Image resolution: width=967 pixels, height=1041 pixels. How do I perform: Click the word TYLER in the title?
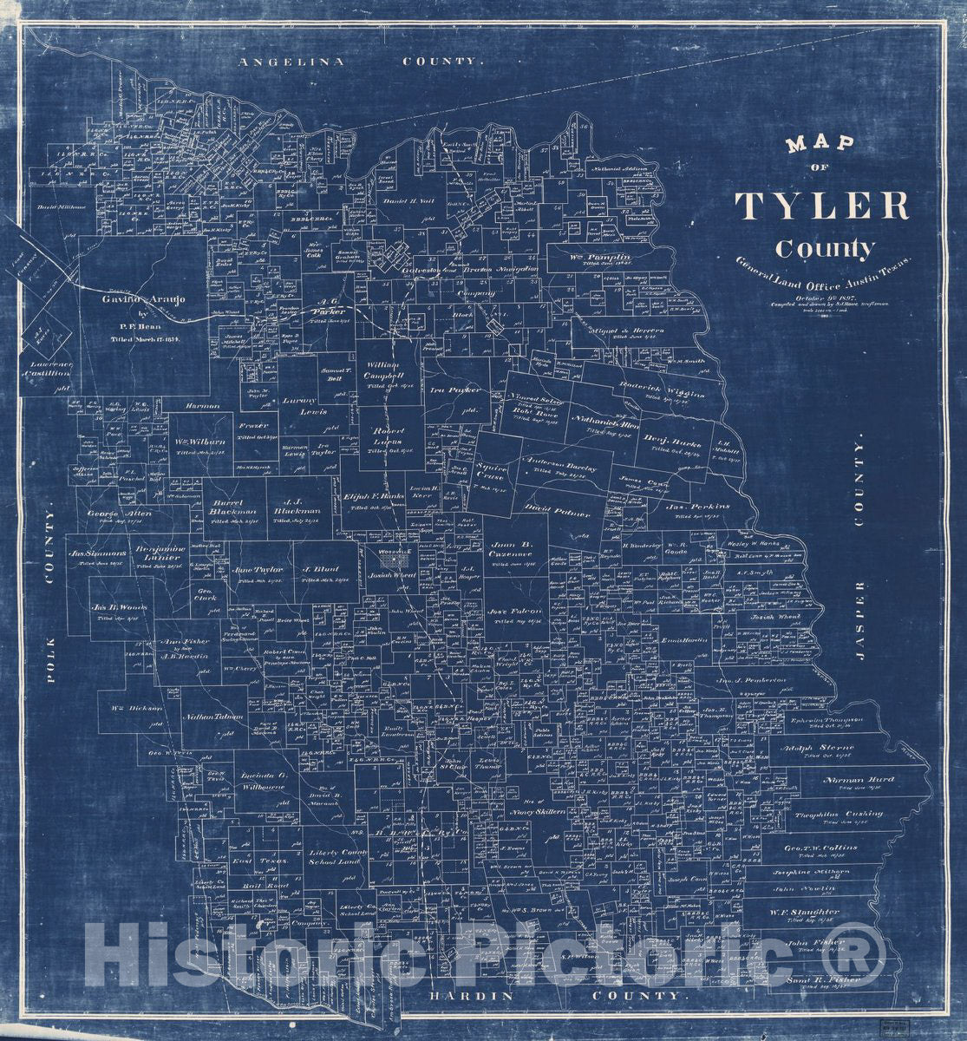pos(821,206)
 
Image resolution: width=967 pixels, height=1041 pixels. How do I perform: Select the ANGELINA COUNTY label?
pos(359,62)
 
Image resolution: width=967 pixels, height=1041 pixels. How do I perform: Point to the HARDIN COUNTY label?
pos(555,996)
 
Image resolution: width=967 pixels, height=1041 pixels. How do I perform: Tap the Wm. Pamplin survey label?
pos(599,258)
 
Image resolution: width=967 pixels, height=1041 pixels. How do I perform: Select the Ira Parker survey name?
pos(454,390)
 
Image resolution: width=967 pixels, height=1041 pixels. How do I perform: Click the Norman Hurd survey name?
pos(859,779)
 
